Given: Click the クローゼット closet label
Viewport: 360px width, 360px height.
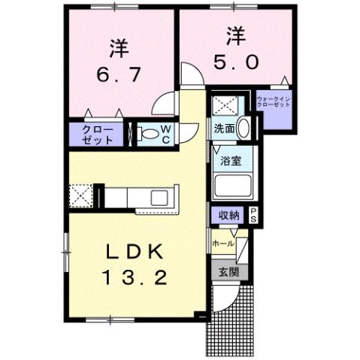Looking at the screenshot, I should (99, 135).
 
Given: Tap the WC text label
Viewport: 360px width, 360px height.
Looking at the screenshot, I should (166, 135).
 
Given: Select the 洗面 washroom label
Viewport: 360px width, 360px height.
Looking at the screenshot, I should (223, 128).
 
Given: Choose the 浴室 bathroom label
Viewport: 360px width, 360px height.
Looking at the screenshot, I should (229, 159).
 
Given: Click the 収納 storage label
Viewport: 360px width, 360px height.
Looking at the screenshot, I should (229, 215).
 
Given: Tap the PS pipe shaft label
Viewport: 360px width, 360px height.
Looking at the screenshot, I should (253, 214).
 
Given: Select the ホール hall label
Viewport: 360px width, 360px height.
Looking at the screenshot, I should (222, 243).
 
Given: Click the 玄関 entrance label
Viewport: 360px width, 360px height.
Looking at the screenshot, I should (228, 272).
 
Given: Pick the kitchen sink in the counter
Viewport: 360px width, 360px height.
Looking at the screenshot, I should (160, 198).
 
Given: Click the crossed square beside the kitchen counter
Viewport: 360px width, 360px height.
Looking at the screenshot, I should (80, 198).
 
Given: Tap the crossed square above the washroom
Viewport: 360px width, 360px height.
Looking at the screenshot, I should (223, 104).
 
